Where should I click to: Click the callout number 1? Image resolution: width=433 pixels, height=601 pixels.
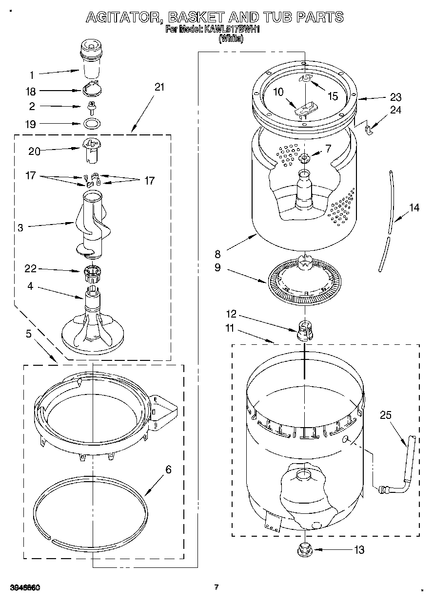click(x=31, y=75)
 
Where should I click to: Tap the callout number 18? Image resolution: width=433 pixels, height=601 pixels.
click(x=31, y=91)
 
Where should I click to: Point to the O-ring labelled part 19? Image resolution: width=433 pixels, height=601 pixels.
click(x=91, y=123)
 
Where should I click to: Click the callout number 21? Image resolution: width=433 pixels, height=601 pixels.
click(x=159, y=87)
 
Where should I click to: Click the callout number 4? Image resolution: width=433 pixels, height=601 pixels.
click(x=30, y=286)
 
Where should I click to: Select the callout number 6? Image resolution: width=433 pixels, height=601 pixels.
click(x=168, y=470)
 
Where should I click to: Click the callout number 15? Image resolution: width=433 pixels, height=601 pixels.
click(x=333, y=96)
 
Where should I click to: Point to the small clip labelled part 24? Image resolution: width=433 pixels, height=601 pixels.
click(x=369, y=129)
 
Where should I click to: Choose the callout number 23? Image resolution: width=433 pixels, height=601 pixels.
click(x=395, y=96)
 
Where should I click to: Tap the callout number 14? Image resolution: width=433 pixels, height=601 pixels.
click(x=414, y=208)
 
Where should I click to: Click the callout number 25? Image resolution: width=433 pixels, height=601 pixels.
click(x=386, y=415)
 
